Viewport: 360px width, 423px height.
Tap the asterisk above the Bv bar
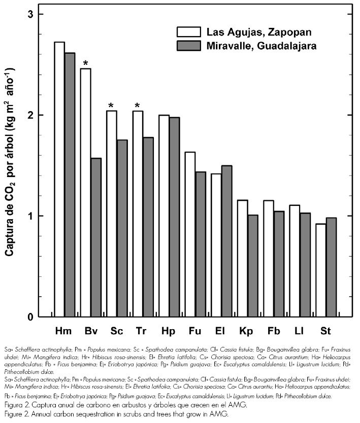(x=86, y=64)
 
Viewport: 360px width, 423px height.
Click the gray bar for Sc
(x=122, y=228)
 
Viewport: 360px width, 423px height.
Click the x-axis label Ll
(x=300, y=331)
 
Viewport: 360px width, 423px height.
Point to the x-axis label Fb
(x=273, y=331)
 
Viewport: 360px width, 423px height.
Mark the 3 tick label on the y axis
(x=30, y=14)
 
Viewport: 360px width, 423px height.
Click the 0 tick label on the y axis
(x=30, y=318)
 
